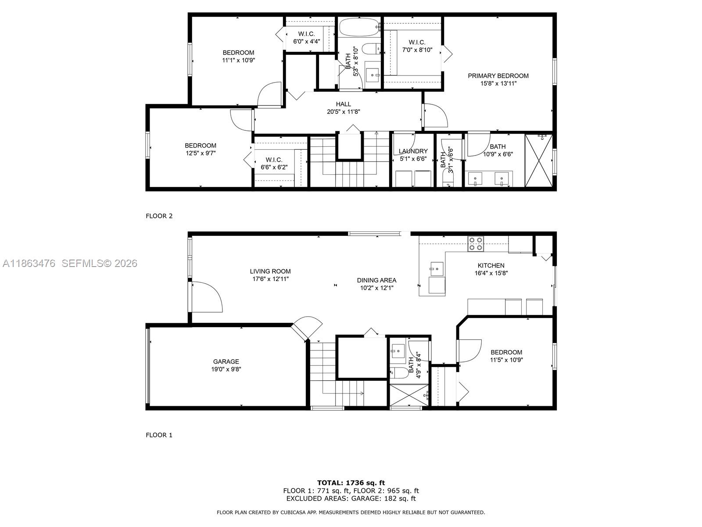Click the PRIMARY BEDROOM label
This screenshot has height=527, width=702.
click(498, 76)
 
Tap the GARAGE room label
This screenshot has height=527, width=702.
click(226, 362)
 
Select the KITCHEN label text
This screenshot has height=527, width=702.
click(491, 266)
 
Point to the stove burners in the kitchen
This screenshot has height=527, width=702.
click(476, 244)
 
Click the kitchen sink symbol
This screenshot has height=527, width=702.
click(436, 268)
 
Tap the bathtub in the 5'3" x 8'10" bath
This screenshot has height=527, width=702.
click(359, 27)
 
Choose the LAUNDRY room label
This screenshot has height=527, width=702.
click(413, 152)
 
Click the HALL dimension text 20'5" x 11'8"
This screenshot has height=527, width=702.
click(344, 112)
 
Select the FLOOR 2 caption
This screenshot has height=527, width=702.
click(159, 216)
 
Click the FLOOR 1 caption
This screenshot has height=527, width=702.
click(159, 435)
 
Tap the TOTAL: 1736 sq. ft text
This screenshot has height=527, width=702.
click(351, 483)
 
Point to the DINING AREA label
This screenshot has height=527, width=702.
click(376, 280)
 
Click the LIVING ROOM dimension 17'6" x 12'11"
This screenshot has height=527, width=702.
click(270, 279)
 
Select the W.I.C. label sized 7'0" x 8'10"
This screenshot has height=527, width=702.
click(417, 43)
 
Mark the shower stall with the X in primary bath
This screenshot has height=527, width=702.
click(539, 161)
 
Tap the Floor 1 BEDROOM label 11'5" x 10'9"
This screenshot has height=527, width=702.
click(506, 352)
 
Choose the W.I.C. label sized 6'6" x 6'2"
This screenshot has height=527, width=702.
click(274, 160)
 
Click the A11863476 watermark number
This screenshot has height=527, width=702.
click(29, 263)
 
